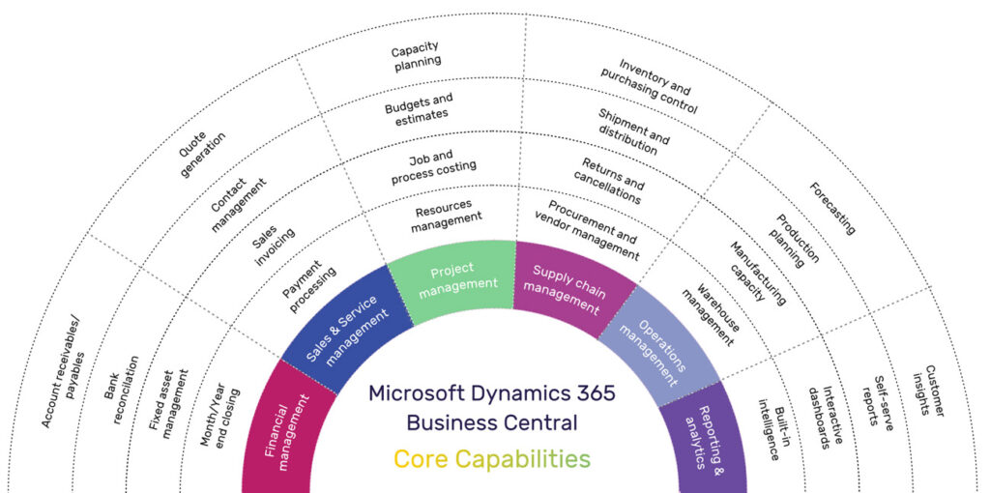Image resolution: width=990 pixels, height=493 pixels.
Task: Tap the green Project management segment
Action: [x=451, y=277]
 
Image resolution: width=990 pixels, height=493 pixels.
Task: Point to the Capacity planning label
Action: [x=417, y=56]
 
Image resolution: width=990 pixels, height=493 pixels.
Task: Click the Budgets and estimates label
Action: [x=419, y=106]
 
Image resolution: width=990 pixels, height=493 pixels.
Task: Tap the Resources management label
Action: [x=445, y=217]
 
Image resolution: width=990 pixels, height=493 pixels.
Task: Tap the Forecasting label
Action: [x=832, y=209]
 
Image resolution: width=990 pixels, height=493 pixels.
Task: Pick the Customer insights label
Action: [x=932, y=391]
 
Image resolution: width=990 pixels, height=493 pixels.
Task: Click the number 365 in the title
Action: [x=589, y=393]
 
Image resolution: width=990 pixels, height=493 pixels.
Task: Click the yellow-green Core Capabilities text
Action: [x=491, y=457]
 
